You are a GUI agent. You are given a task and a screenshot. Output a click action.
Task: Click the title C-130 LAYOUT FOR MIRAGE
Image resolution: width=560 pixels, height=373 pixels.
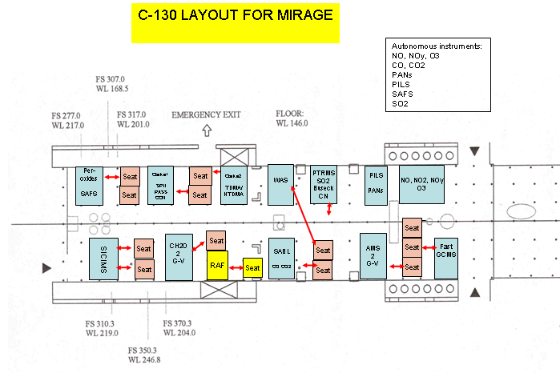236,16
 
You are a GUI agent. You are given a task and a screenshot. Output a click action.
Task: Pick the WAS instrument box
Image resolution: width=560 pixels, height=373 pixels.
280,183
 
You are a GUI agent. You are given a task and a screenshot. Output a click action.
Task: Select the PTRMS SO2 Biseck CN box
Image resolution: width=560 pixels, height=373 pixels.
324,183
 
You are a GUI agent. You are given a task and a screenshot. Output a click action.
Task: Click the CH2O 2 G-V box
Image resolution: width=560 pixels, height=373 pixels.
179,256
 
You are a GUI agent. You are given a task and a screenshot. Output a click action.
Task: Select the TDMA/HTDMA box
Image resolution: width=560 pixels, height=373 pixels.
234,185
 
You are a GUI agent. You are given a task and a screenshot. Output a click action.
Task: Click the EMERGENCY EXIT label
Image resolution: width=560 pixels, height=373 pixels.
207,115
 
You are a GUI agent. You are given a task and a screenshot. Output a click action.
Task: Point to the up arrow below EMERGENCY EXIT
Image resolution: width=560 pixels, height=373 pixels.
207,130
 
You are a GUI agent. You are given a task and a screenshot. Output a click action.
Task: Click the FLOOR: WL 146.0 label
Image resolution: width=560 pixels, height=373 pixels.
292,118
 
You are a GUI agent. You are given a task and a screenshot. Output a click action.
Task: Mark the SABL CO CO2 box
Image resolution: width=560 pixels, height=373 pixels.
280,258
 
